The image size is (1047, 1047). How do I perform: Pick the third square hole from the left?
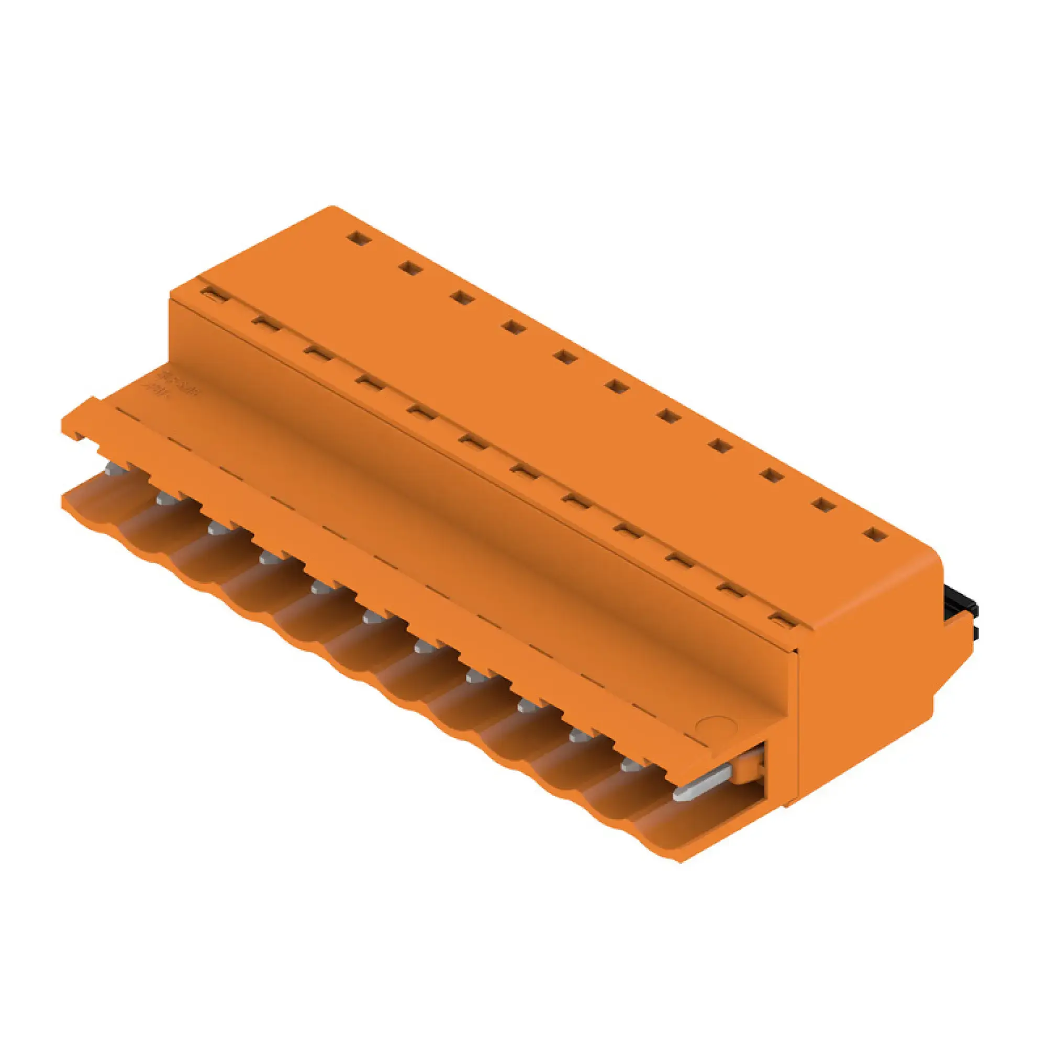click(461, 297)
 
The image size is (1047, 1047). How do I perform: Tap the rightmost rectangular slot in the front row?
click(783, 619)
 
